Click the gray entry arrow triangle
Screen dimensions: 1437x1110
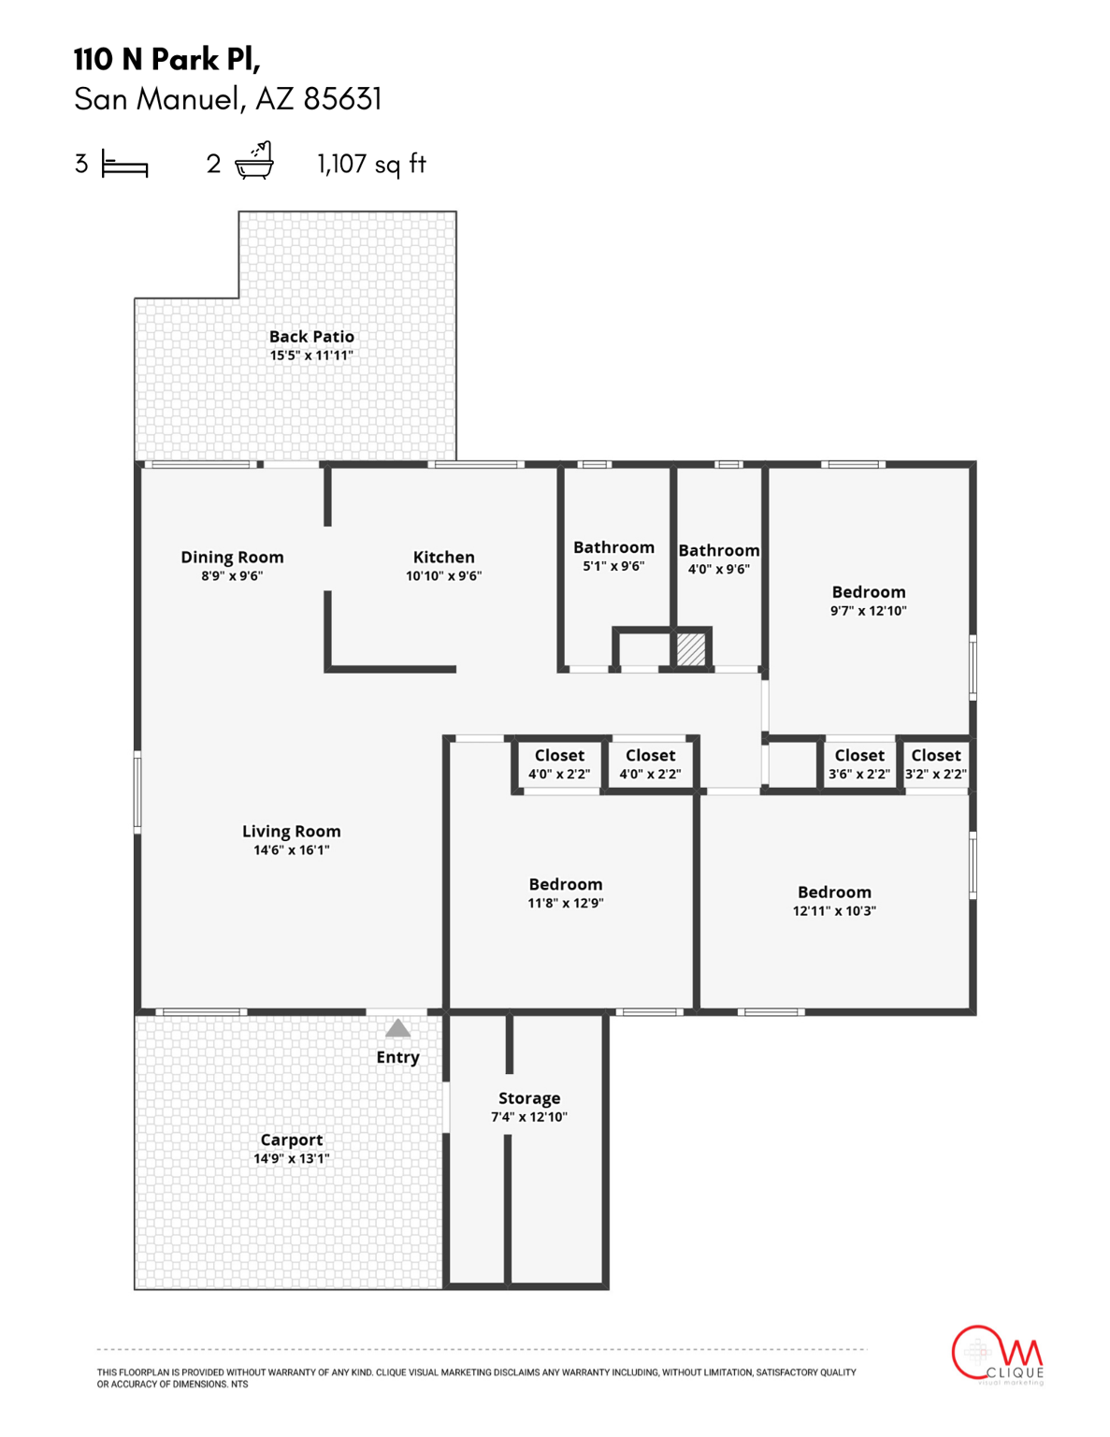(397, 1029)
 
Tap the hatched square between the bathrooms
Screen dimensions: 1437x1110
(691, 649)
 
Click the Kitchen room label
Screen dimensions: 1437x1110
(443, 557)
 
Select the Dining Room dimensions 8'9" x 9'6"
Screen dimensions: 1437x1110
(232, 576)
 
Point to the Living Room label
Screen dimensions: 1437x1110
(291, 831)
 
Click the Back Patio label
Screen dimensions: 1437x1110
(311, 336)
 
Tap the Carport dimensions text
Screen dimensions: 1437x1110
(291, 1158)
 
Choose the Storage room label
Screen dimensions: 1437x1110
(529, 1097)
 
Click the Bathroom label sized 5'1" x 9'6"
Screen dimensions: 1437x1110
(613, 547)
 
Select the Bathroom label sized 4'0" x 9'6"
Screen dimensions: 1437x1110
(718, 550)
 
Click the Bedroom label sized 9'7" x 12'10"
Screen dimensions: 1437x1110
(868, 591)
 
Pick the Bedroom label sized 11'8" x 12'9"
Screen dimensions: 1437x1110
(565, 884)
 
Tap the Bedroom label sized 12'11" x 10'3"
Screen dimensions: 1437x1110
(834, 892)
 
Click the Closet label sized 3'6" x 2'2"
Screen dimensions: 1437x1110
(858, 755)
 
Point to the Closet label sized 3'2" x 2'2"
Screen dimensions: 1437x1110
(935, 755)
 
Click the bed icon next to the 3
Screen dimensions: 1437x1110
(124, 166)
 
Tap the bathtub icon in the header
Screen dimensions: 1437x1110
(253, 161)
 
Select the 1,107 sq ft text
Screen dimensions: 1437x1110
(371, 164)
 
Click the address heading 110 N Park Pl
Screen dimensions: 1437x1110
(166, 59)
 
